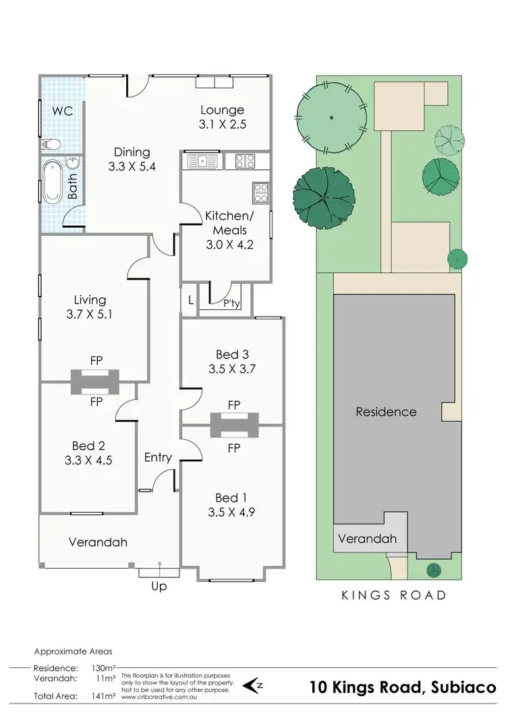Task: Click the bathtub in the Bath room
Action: [52, 181]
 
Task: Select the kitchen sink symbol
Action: [200, 161]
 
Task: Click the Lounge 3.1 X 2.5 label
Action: [222, 117]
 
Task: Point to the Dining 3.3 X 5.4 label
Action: [132, 159]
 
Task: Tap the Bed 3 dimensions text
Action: [233, 369]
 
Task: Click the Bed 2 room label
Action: [88, 445]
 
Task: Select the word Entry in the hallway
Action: [158, 458]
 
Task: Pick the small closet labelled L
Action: [191, 301]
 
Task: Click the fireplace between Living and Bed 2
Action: [96, 381]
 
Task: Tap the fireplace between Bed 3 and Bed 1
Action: [234, 425]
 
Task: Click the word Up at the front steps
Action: [159, 586]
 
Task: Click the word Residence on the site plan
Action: [387, 412]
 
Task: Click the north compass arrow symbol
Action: [254, 685]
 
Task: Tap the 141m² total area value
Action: [101, 696]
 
